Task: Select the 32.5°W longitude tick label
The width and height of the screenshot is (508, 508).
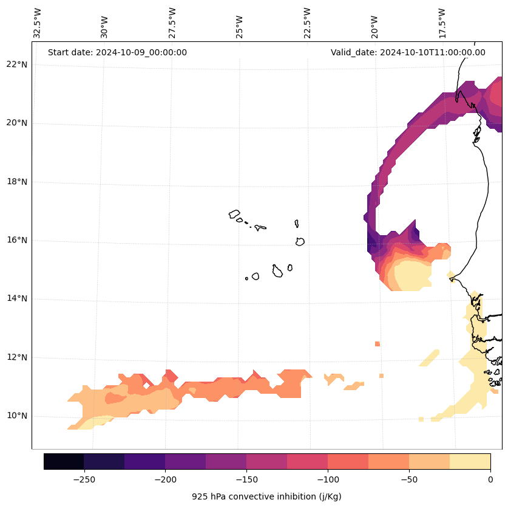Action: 38,22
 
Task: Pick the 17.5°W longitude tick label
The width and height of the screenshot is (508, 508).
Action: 442,22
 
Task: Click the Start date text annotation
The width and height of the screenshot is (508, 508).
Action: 117,52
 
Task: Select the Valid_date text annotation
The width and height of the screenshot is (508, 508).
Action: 408,52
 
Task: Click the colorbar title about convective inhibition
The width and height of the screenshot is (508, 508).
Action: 266,496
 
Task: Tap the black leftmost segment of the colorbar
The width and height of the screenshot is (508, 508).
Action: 64,461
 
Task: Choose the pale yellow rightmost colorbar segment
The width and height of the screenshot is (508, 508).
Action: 470,461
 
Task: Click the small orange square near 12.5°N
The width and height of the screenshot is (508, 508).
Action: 378,344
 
